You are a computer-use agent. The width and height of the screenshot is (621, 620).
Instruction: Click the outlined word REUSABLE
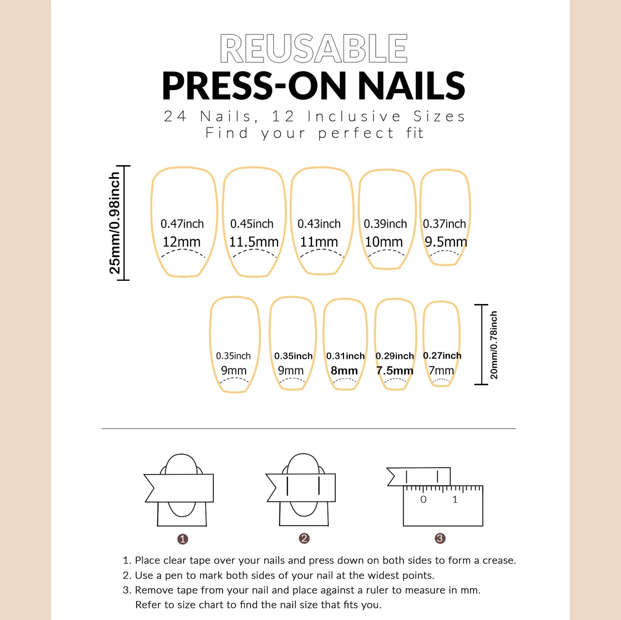click(x=313, y=49)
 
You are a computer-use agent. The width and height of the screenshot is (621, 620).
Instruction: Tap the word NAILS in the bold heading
click(x=411, y=86)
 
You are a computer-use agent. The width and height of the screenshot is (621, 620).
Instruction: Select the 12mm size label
click(x=181, y=242)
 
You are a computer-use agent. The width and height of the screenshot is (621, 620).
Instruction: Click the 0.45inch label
click(x=252, y=224)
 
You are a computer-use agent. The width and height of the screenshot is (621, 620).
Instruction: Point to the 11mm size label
click(x=319, y=242)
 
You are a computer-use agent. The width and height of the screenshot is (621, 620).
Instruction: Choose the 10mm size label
click(x=384, y=242)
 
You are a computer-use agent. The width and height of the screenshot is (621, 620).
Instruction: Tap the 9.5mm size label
click(x=446, y=242)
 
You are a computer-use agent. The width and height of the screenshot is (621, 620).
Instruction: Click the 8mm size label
click(x=344, y=371)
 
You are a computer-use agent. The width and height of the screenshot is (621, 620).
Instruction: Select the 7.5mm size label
click(x=395, y=371)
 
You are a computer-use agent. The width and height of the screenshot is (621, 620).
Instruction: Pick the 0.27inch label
click(x=442, y=356)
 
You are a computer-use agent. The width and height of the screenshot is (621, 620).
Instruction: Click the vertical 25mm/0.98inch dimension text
click(x=115, y=223)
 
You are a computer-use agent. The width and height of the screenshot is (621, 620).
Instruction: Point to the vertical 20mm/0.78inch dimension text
click(x=494, y=345)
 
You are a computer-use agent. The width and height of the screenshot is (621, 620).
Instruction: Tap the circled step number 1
click(x=183, y=539)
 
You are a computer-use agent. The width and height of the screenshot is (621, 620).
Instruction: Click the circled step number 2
click(x=304, y=538)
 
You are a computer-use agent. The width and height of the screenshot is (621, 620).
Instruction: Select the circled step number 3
click(x=440, y=538)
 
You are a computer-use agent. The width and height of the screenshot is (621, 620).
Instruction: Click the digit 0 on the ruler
click(x=423, y=499)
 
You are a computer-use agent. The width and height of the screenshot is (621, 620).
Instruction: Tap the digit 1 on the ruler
click(x=455, y=499)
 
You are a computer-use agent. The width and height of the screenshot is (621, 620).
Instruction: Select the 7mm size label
click(x=441, y=371)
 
